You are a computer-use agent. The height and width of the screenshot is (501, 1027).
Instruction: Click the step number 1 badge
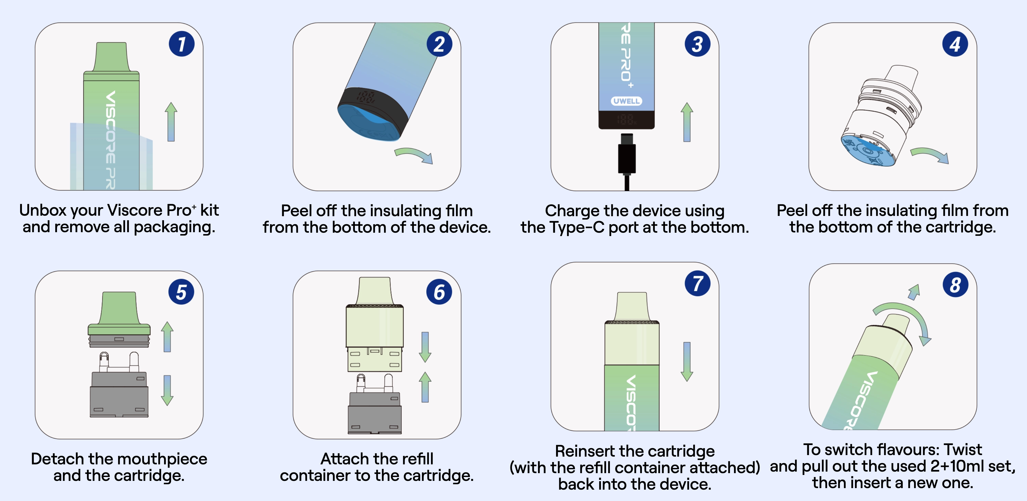tap(181, 44)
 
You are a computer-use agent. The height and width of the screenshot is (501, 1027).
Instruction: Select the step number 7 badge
tap(697, 283)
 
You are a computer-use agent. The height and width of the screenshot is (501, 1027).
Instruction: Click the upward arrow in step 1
tap(171, 122)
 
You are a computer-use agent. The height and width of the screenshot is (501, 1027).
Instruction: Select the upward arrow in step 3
tap(687, 122)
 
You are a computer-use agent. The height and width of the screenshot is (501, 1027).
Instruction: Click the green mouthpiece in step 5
tap(119, 313)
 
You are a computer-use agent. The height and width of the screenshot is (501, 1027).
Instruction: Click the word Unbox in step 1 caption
tap(42, 210)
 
